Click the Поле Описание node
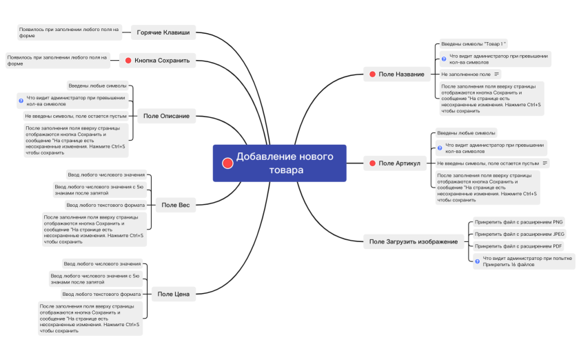[x=166, y=116]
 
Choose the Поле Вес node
[x=175, y=205]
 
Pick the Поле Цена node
[x=173, y=294]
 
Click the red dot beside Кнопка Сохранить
[x=128, y=61]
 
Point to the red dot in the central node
[x=227, y=163]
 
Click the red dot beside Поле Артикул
[x=372, y=163]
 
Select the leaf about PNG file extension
[x=518, y=222]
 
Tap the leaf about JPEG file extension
[x=520, y=234]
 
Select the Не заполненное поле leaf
[x=466, y=74]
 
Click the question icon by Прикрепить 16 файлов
[x=477, y=262]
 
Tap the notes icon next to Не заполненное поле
[x=497, y=74]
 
